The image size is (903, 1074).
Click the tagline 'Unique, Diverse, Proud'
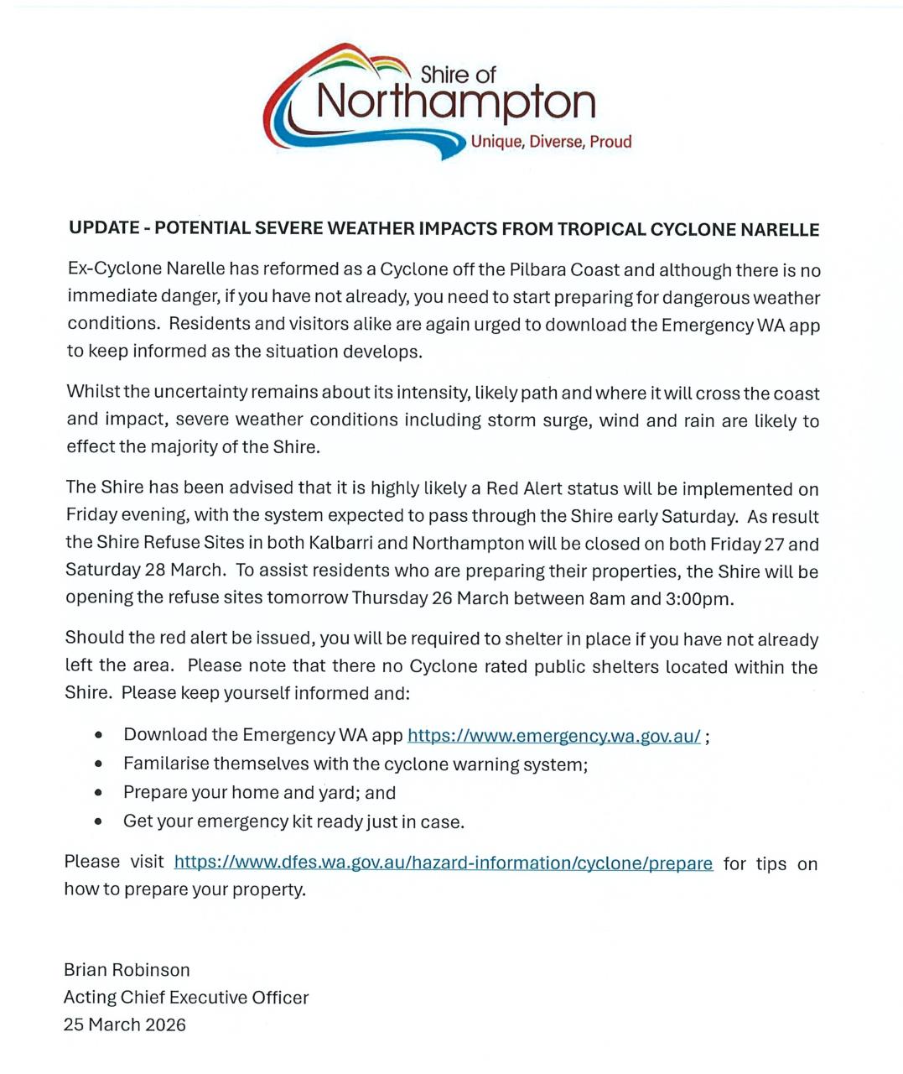[551, 142]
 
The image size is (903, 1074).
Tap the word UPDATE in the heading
[104, 229]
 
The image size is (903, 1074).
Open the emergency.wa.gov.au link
[553, 736]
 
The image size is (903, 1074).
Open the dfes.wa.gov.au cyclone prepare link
[444, 863]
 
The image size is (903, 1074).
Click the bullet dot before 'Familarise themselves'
[100, 764]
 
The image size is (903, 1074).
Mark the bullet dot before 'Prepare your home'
[100, 792]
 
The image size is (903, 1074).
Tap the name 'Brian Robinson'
[127, 970]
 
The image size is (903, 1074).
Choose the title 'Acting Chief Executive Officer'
[186, 998]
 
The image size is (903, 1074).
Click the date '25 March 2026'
[125, 1024]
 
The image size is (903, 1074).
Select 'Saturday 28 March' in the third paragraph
[144, 571]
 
